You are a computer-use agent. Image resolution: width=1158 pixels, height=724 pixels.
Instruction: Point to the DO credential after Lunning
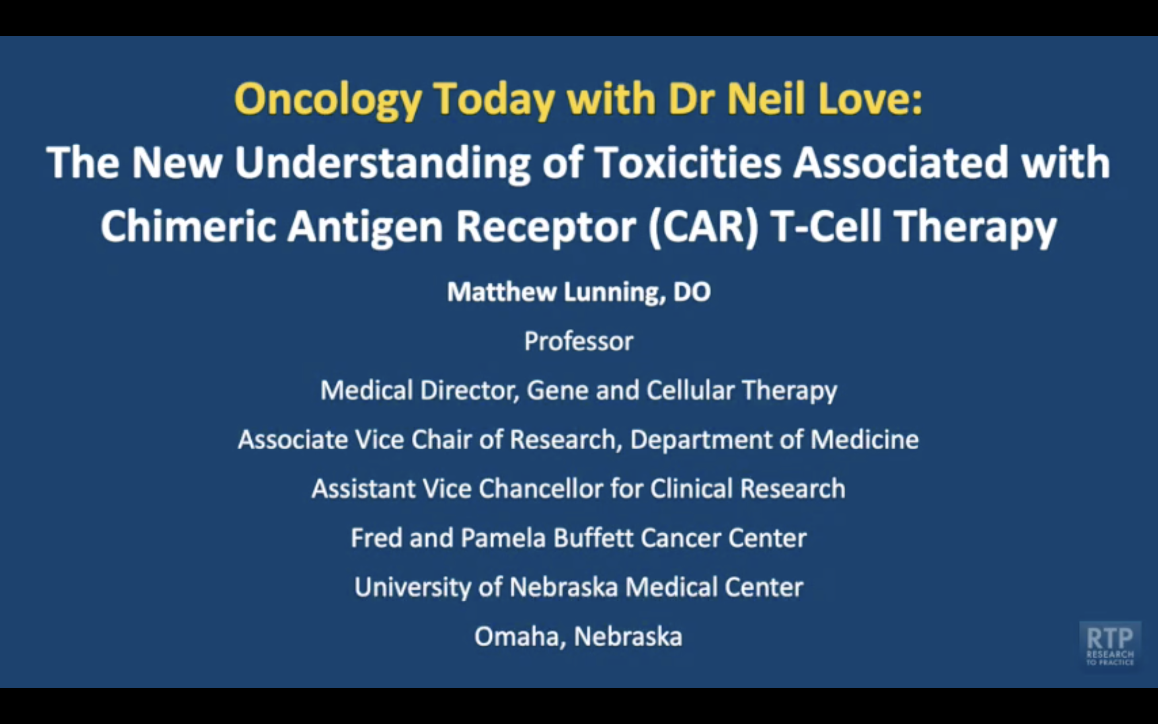point(692,292)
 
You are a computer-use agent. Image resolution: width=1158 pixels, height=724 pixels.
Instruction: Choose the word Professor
point(579,341)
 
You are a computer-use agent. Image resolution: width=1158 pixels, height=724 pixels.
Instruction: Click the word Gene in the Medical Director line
point(557,390)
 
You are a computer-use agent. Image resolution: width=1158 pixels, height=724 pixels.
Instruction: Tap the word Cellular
point(690,390)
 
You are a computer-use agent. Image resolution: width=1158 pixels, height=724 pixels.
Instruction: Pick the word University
point(413,588)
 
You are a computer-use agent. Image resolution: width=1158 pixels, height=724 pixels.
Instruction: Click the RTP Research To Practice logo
point(1110,644)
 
